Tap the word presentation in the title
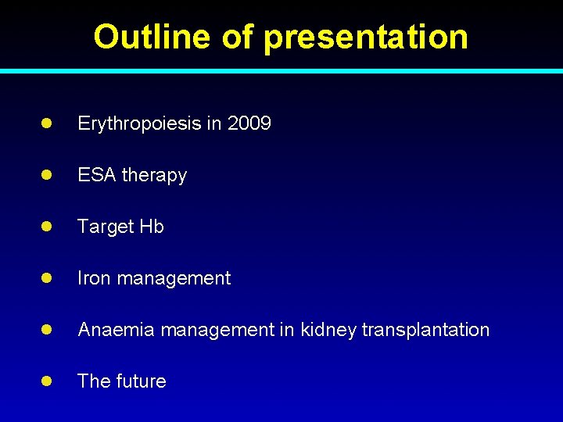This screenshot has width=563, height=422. [x=366, y=37]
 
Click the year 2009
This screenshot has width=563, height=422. [x=249, y=123]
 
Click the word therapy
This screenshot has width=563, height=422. [x=153, y=175]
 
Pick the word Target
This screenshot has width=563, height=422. [x=106, y=227]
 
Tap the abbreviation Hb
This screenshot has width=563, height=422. [x=152, y=227]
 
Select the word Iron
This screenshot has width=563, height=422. [x=93, y=278]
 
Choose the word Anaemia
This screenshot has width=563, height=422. [x=115, y=330]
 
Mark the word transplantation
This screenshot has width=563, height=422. [x=425, y=330]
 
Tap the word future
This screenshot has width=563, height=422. [x=142, y=381]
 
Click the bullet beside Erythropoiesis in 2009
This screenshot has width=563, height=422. [x=46, y=123]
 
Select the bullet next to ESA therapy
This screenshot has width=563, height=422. [x=46, y=175]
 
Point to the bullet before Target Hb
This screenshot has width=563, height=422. [x=46, y=227]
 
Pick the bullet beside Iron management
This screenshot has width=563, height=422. [x=46, y=278]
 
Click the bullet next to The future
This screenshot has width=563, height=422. [x=46, y=381]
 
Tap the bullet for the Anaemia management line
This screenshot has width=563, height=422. [x=46, y=330]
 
